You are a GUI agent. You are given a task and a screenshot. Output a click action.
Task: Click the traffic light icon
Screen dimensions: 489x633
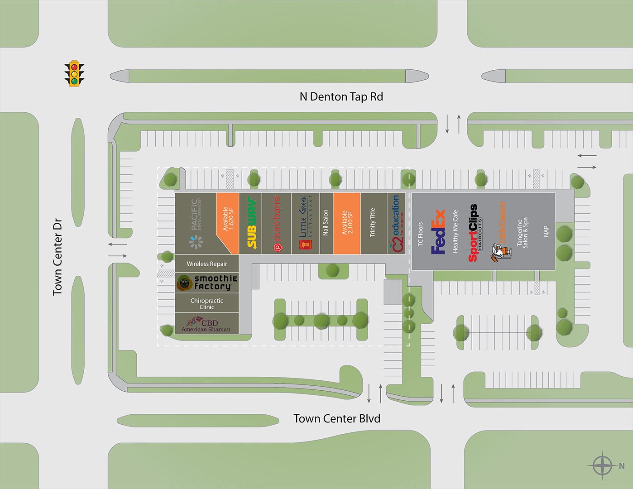74,73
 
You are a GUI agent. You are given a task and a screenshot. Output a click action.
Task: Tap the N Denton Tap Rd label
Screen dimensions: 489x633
341,96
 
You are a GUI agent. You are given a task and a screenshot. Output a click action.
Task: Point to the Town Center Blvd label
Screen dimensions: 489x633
336,418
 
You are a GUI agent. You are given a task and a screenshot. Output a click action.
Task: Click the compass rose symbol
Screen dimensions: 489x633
603,465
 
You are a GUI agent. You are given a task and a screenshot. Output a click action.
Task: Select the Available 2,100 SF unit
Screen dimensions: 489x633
347,223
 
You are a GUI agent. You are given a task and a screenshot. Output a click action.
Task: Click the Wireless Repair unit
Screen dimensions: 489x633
207,264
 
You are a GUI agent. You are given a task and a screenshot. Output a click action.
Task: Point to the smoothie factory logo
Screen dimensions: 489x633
207,283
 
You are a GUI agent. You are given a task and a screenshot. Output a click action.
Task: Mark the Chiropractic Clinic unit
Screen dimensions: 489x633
207,303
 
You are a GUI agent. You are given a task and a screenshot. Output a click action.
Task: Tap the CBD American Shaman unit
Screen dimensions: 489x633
206,324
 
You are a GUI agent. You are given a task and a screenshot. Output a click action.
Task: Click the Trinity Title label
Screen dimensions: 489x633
373,222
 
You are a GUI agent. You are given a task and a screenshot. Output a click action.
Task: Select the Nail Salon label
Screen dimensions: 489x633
326,222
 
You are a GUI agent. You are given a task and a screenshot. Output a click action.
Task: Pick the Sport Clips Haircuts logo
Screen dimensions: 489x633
474,233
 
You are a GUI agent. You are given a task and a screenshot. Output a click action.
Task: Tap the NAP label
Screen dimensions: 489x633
546,231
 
